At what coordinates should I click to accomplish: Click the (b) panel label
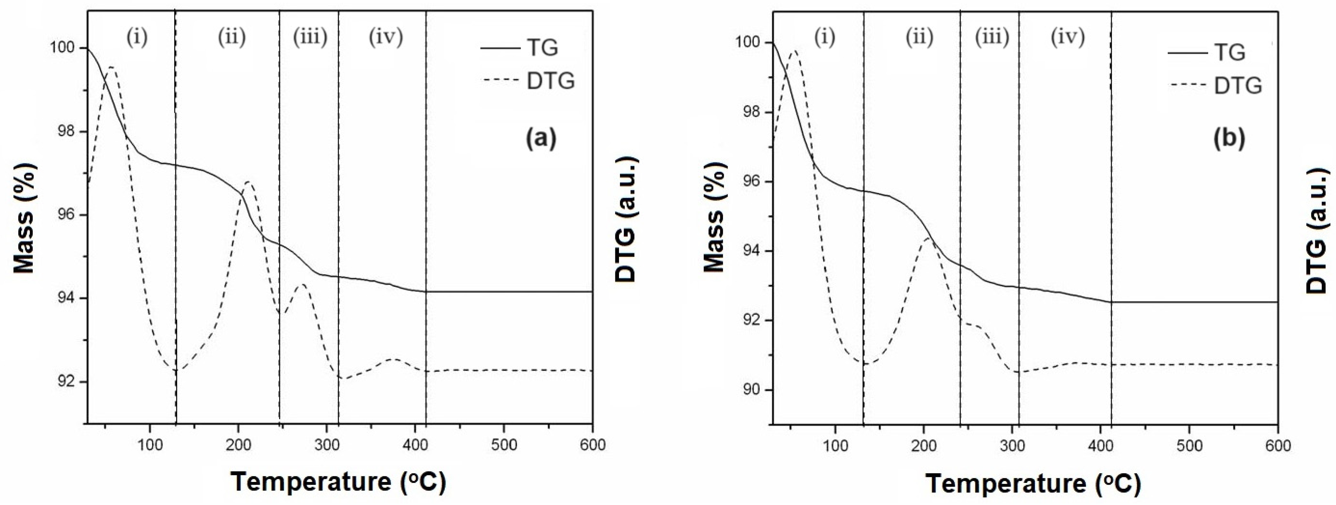point(1229,139)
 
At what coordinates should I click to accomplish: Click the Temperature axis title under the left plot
point(338,482)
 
